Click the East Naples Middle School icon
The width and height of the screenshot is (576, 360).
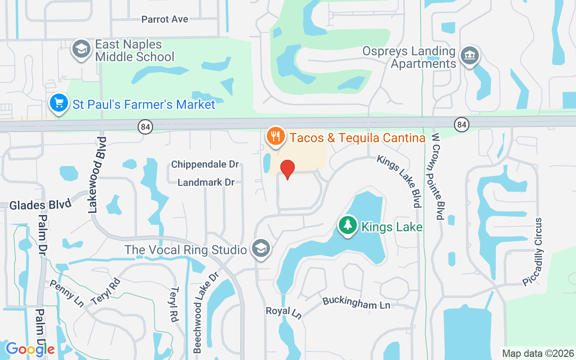[x=81, y=49]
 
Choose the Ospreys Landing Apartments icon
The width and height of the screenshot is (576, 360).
[x=470, y=56]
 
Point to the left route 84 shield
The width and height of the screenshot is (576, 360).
[x=146, y=127]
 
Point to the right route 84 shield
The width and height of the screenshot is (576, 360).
[x=462, y=124]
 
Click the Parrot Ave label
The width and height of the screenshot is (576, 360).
[x=165, y=19]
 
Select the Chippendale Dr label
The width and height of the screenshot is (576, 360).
[x=205, y=165]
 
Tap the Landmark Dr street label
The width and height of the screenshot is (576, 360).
[x=206, y=183]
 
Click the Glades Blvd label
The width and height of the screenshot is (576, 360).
[x=40, y=205]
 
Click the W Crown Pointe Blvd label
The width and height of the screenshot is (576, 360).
[x=438, y=176]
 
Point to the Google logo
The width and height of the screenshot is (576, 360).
[x=30, y=349]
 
